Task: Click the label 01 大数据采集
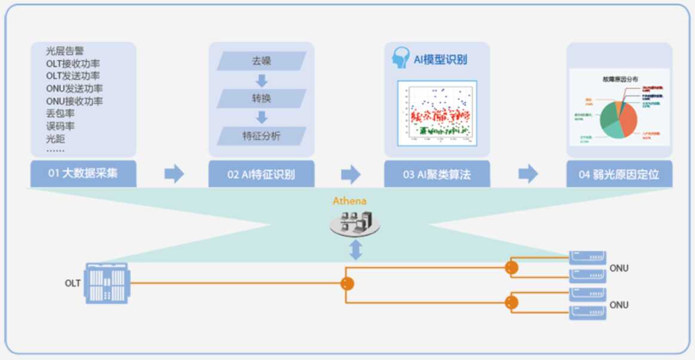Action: point(83,175)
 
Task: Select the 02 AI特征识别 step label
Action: point(261,175)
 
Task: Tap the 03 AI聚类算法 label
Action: point(437,175)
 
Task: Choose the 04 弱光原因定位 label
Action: point(619,175)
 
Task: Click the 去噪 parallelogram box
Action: point(261,61)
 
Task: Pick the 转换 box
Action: point(261,99)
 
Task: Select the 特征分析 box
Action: point(261,136)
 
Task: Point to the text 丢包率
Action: point(60,114)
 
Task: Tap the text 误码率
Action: point(60,126)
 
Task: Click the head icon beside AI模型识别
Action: point(400,58)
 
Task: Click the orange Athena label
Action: point(350,201)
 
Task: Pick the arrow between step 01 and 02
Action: point(174,174)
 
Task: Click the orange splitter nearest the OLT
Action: point(347,284)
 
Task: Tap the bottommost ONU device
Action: point(587,313)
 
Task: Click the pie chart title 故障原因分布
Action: point(620,79)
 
